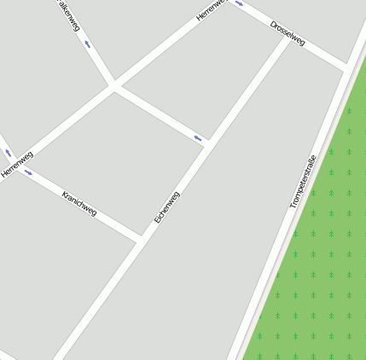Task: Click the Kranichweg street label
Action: coord(79,203)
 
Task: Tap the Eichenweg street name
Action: coord(167,207)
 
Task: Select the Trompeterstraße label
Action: coord(303,182)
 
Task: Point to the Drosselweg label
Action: coord(288,33)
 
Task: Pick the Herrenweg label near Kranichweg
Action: coord(17,165)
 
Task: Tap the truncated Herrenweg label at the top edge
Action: coord(211,9)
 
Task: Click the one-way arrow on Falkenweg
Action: coord(87,44)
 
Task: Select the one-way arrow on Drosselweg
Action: coord(239,3)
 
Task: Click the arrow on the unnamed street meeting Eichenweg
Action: coord(199,137)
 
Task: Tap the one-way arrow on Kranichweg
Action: coord(28,173)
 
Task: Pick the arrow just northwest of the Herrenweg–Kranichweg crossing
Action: coord(9,153)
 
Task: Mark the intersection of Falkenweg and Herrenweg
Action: coord(113,85)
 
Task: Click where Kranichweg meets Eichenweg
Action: coord(139,238)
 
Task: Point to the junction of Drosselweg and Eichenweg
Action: coord(288,38)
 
